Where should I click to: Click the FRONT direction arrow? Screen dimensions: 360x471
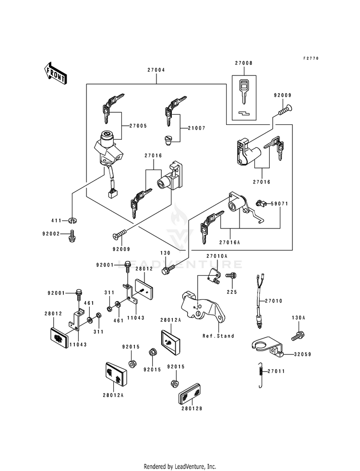pyautogui.click(x=55, y=73)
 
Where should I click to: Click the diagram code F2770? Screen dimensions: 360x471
pyautogui.click(x=311, y=58)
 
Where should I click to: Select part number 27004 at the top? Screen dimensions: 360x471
pyautogui.click(x=156, y=70)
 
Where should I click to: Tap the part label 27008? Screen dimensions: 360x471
pyautogui.click(x=243, y=63)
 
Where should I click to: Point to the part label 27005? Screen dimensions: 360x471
pyautogui.click(x=138, y=126)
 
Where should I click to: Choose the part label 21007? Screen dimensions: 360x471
pyautogui.click(x=196, y=128)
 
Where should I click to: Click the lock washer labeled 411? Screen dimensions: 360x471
pyautogui.click(x=72, y=221)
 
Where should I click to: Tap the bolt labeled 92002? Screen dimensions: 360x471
pyautogui.click(x=72, y=236)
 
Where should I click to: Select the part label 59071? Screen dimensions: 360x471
pyautogui.click(x=279, y=204)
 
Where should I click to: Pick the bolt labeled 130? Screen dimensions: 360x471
pyautogui.click(x=168, y=269)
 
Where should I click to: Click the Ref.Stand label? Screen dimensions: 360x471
pyautogui.click(x=218, y=336)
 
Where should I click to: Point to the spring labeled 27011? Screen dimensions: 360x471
pyautogui.click(x=261, y=375)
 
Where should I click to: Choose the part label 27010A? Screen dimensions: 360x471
pyautogui.click(x=217, y=256)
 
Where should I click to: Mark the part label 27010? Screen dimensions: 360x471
pyautogui.click(x=274, y=301)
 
